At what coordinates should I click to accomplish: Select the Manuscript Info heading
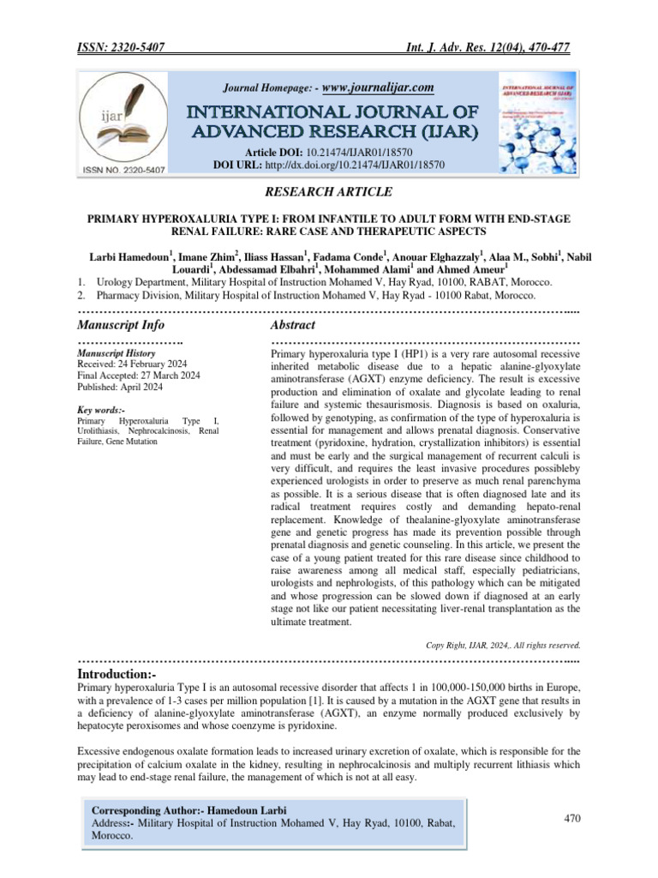point(121,325)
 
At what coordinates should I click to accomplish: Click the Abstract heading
point(292,325)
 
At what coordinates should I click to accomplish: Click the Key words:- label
point(101,411)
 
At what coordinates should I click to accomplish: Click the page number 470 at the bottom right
point(573,819)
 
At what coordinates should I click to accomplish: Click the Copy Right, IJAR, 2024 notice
point(504,644)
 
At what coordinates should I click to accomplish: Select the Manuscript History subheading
point(116,352)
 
